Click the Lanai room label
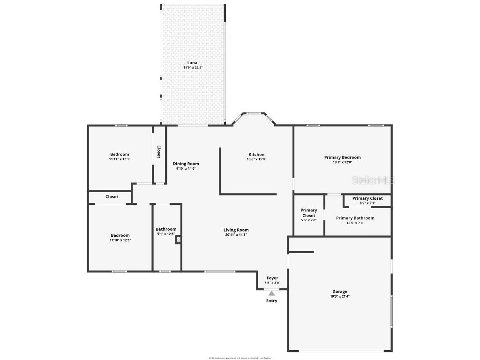pyautogui.click(x=193, y=63)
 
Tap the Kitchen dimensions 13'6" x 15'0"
pyautogui.click(x=256, y=159)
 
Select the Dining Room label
pyautogui.click(x=186, y=164)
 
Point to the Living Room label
pyautogui.click(x=236, y=230)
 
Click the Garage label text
pyautogui.click(x=340, y=292)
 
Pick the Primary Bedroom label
pyautogui.click(x=342, y=157)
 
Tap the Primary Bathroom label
pyautogui.click(x=355, y=218)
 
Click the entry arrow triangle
pyautogui.click(x=271, y=293)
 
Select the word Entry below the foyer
pyautogui.click(x=271, y=301)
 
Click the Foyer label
pyautogui.click(x=272, y=278)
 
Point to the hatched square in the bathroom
pyautogui.click(x=178, y=240)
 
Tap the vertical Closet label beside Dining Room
pyautogui.click(x=159, y=151)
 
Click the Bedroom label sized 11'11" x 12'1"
pyautogui.click(x=120, y=154)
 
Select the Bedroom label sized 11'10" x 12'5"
pyautogui.click(x=120, y=235)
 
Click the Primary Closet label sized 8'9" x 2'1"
pyautogui.click(x=367, y=198)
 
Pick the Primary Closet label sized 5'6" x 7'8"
pyautogui.click(x=308, y=213)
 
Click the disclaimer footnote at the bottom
pyautogui.click(x=240, y=358)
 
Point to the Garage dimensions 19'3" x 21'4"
pyautogui.click(x=340, y=297)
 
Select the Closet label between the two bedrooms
pyautogui.click(x=112, y=197)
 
